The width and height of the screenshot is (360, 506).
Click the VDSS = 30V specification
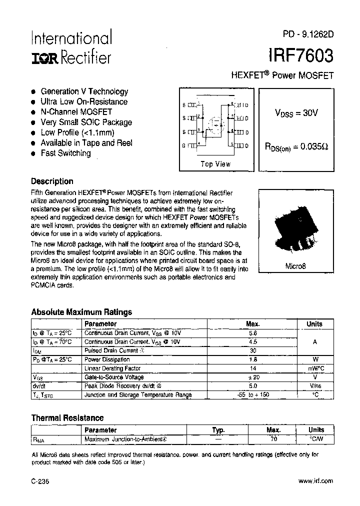coord(296,113)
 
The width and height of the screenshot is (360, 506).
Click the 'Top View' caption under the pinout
coord(215,164)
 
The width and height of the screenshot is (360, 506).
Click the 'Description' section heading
coord(52,181)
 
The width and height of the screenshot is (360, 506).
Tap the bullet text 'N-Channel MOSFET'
coord(76,112)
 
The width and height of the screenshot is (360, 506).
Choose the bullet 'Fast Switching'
coord(65,153)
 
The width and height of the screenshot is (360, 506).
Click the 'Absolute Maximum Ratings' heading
coord(81,312)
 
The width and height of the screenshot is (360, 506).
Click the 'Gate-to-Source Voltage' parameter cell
coord(114,377)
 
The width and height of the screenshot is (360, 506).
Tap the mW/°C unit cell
coord(314,368)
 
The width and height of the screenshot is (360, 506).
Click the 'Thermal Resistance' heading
coord(67,417)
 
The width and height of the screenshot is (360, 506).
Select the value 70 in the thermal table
coord(273,439)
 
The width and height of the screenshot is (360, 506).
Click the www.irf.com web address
coord(315,480)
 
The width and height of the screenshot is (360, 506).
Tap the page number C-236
coord(40,481)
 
